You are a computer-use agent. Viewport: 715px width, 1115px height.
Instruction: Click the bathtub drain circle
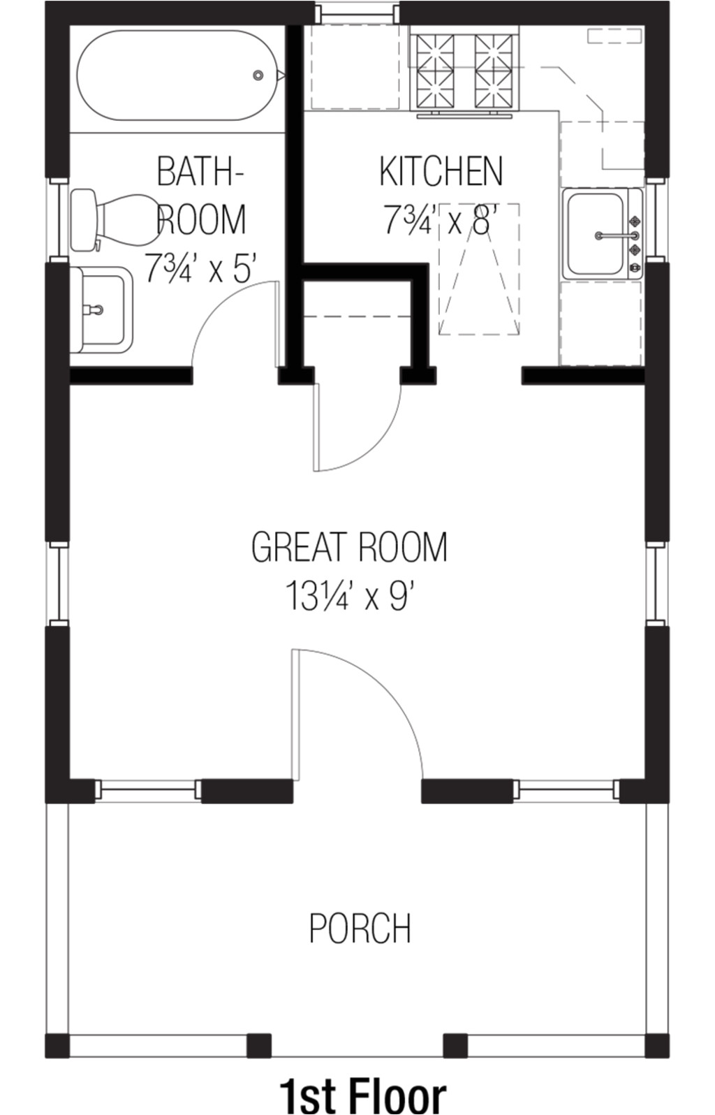258,75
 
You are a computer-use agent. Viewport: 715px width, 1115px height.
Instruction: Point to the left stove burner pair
434,70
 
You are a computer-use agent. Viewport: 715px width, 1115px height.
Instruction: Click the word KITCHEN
441,171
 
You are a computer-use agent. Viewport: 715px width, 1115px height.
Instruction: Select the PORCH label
360,928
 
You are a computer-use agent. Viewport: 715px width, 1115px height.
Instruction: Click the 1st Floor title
362,1094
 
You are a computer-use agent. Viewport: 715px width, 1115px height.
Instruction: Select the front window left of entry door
148,790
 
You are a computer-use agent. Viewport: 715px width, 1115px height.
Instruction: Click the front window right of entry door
567,790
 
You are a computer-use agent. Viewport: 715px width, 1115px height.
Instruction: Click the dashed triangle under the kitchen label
479,279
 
